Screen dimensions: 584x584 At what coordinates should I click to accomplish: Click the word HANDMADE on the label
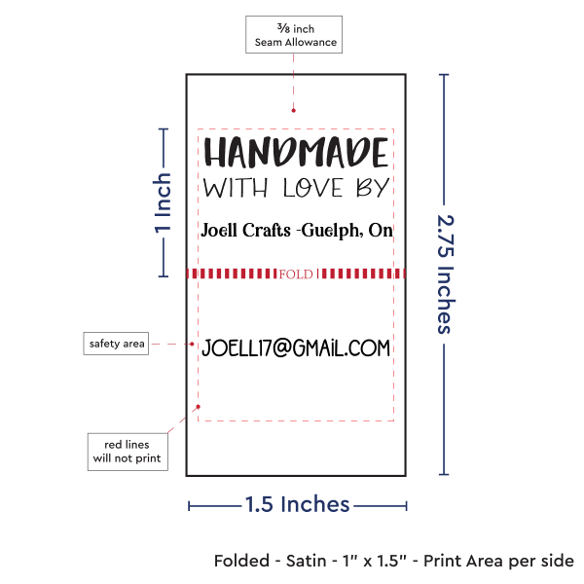296,153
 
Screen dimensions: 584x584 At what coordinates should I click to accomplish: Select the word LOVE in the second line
311,187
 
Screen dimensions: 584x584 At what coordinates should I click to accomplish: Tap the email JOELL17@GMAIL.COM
295,347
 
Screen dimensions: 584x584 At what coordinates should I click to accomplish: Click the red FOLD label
295,274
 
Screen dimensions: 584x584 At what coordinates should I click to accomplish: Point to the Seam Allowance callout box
294,35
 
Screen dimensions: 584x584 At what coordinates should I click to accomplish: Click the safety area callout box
115,344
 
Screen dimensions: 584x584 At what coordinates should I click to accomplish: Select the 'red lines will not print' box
127,450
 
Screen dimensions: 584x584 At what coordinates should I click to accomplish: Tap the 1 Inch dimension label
164,202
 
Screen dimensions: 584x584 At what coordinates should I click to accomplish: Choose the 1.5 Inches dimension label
297,504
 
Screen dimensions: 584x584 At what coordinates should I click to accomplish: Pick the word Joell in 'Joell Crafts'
218,230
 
